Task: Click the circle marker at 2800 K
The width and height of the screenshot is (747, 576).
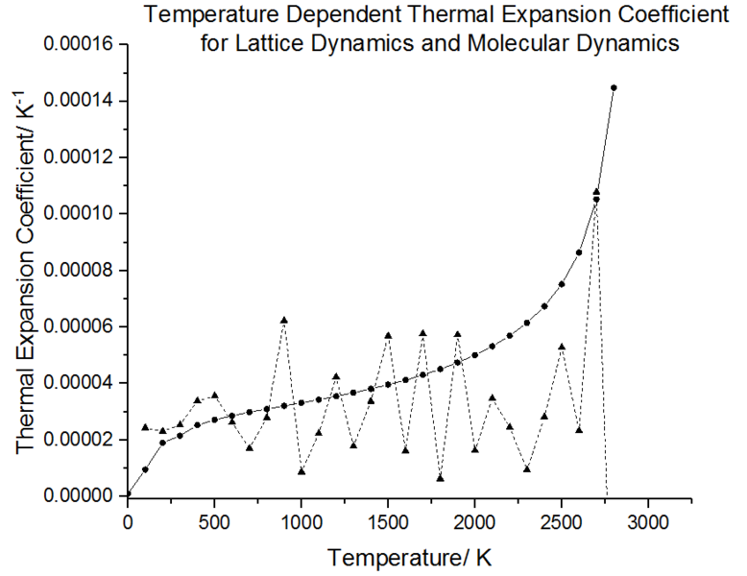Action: coord(614,87)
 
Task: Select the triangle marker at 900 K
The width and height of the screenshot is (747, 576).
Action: coord(284,320)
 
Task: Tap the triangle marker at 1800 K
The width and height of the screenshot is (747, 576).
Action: coord(440,477)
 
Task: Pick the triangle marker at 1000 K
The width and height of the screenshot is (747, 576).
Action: coord(301,471)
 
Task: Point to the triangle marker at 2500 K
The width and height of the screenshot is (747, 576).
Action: coord(562,347)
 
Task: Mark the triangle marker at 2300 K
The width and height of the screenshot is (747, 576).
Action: coord(527,468)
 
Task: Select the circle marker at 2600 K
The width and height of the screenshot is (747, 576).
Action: coord(579,252)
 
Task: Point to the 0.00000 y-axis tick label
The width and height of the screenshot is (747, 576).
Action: coord(81,495)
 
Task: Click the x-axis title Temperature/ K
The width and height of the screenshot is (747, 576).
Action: coord(410,557)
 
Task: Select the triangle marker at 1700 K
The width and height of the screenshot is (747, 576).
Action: coord(422,333)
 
